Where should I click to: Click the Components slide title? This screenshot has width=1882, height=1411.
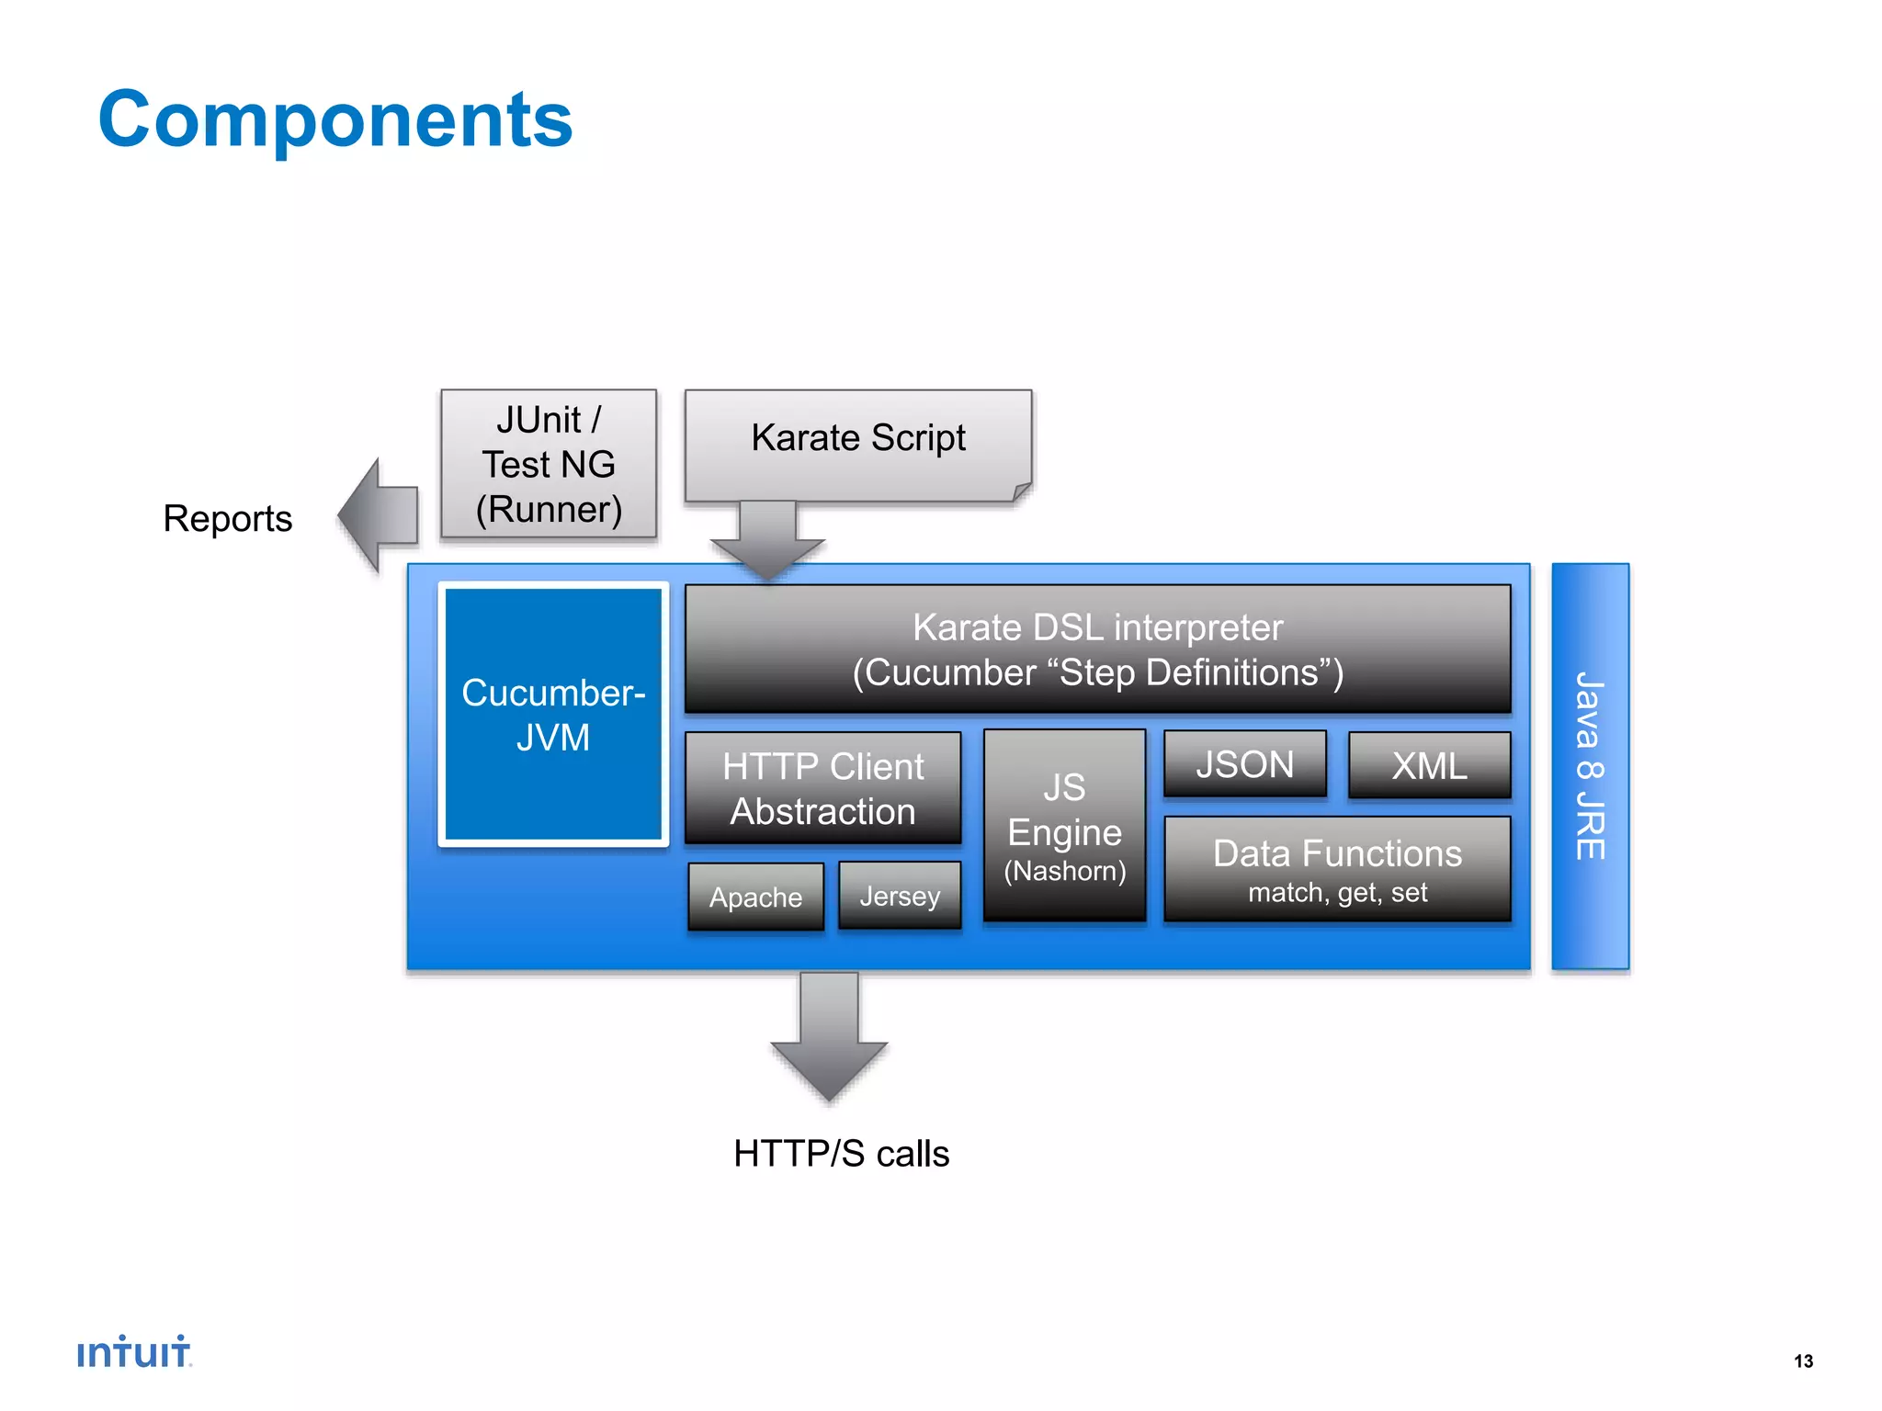(335, 119)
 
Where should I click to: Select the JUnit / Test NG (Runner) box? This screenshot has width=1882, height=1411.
(549, 464)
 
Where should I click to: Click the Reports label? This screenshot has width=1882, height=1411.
(227, 518)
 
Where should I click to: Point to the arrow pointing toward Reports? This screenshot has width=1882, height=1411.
(378, 515)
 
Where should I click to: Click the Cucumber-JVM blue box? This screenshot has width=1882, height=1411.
(553, 715)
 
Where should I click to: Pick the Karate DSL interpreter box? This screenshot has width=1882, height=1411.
(1097, 649)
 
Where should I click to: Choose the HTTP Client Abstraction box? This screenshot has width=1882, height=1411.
(822, 788)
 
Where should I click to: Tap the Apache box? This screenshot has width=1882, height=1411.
(755, 897)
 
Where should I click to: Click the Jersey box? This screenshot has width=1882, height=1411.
(900, 896)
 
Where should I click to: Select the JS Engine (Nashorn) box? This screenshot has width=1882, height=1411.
(1064, 826)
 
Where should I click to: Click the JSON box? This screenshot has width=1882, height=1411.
(1244, 764)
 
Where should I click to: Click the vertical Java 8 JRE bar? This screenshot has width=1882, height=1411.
(1590, 766)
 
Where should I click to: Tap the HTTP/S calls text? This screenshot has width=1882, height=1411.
(841, 1154)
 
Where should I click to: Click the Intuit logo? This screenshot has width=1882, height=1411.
(134, 1352)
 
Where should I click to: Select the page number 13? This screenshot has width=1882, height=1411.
(1803, 1360)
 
